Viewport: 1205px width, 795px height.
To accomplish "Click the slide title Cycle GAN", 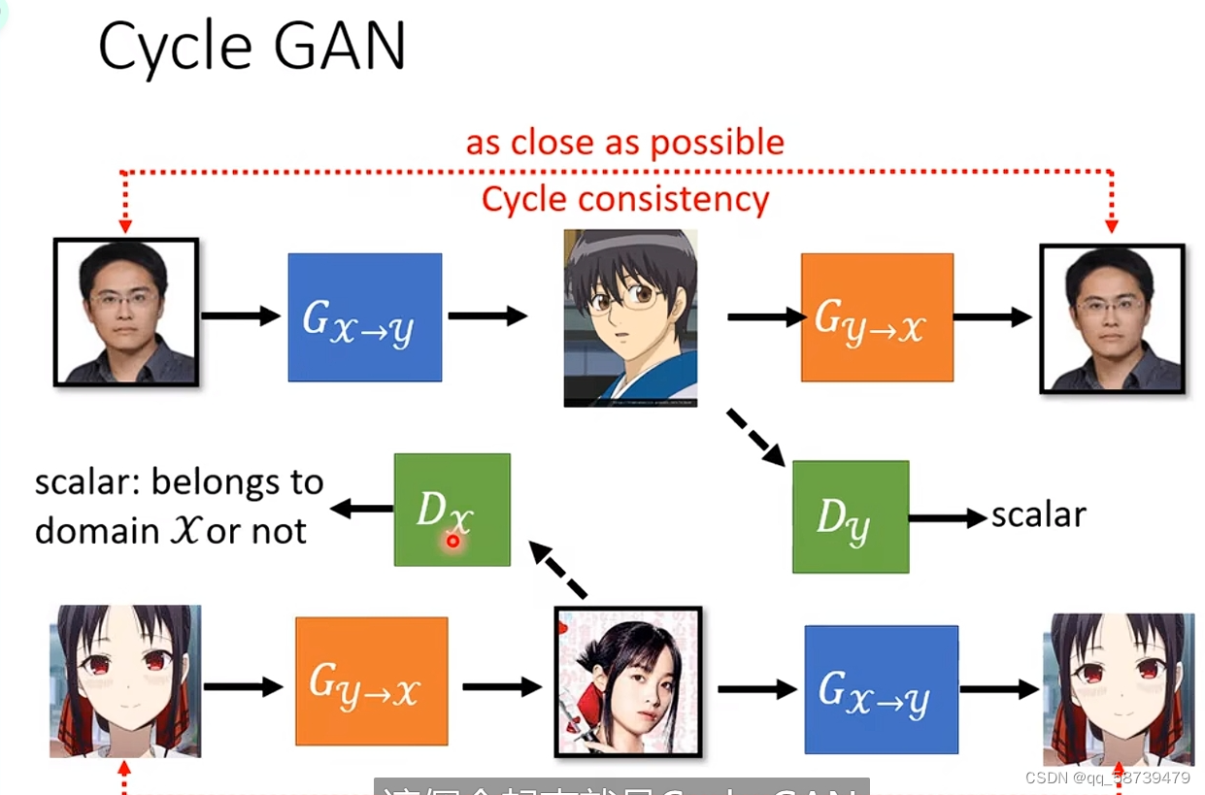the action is pyautogui.click(x=251, y=46).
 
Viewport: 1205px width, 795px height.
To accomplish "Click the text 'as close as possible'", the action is pyautogui.click(x=624, y=143).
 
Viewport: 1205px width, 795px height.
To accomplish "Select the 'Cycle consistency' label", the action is pyautogui.click(x=624, y=199).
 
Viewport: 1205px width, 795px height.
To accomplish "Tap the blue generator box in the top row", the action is pyautogui.click(x=364, y=317).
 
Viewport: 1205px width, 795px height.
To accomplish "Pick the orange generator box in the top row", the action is pyautogui.click(x=877, y=317).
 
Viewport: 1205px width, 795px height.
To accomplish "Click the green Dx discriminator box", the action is pyautogui.click(x=452, y=510).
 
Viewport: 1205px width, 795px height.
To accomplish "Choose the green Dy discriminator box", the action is pyautogui.click(x=851, y=516).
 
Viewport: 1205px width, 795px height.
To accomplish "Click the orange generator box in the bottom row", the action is pyautogui.click(x=371, y=681).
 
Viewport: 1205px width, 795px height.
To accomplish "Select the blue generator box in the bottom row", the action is pyautogui.click(x=881, y=689).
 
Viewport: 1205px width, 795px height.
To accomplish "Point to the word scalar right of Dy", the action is pyautogui.click(x=1038, y=515).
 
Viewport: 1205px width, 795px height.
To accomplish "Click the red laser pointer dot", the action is pyautogui.click(x=452, y=541).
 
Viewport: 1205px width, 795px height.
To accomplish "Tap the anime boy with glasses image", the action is pyautogui.click(x=630, y=317).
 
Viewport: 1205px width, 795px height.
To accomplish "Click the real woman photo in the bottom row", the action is pyautogui.click(x=627, y=681).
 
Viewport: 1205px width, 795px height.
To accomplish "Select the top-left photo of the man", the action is pyautogui.click(x=126, y=312).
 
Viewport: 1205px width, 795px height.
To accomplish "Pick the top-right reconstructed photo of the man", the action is pyautogui.click(x=1112, y=318).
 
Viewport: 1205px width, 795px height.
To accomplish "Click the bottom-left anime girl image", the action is pyautogui.click(x=125, y=680).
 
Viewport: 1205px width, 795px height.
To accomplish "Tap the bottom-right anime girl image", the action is pyautogui.click(x=1118, y=689).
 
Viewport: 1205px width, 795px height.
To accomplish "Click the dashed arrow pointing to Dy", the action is pyautogui.click(x=755, y=438).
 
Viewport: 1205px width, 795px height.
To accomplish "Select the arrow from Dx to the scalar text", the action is pyautogui.click(x=361, y=509).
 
